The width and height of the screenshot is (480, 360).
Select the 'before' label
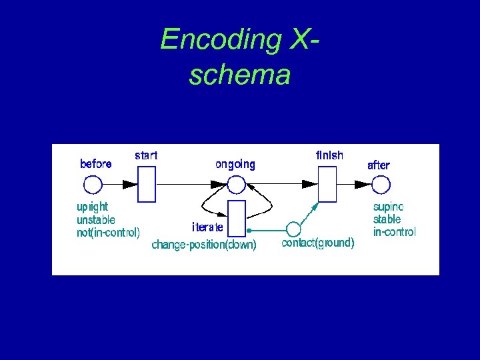coord(96,164)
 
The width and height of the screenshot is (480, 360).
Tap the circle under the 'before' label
coord(93,184)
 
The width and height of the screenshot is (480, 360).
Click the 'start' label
coord(146,155)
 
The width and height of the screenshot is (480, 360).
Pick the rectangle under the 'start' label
coord(147,184)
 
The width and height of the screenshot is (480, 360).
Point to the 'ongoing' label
coord(235,164)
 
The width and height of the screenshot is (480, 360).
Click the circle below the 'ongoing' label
coord(237,185)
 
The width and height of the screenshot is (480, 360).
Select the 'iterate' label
coord(208,227)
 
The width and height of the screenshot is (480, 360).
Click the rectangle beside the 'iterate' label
coord(237,219)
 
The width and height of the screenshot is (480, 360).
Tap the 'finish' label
coord(329,155)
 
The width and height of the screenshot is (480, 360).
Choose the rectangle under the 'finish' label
coord(327,184)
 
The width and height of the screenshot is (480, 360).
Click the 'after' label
coord(379,165)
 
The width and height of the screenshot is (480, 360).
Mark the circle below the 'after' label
coord(380,184)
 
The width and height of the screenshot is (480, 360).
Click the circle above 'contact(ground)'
coord(293,230)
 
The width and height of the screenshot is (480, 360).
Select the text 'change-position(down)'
coord(204,245)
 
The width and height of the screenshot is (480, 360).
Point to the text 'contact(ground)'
coord(318,243)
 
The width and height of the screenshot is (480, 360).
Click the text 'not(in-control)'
coord(109,233)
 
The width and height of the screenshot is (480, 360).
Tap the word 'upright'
coord(93,207)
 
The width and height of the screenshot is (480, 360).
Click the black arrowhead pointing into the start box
coord(129,184)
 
